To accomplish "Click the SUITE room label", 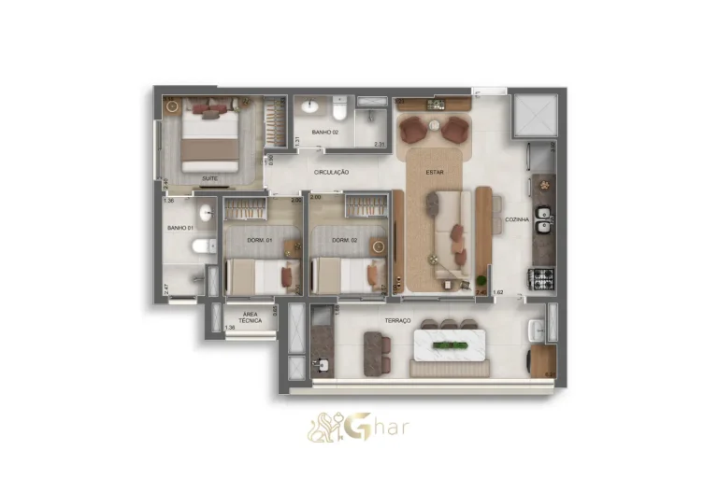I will pyautogui.click(x=210, y=176).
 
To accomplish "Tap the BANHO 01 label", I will pyautogui.click(x=179, y=227).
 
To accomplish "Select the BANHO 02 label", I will pyautogui.click(x=325, y=133).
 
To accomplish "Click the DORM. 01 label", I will pyautogui.click(x=258, y=240).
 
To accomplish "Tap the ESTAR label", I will pyautogui.click(x=434, y=172).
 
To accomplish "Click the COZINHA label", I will pyautogui.click(x=517, y=220).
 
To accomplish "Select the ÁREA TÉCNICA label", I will pyautogui.click(x=250, y=317).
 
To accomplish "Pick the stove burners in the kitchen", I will pyautogui.click(x=542, y=276).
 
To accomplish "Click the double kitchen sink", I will pyautogui.click(x=543, y=219).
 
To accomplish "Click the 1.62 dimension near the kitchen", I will pyautogui.click(x=498, y=292).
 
